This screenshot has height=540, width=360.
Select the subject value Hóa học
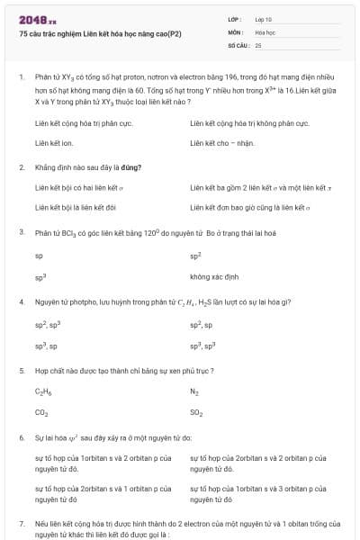[265, 31]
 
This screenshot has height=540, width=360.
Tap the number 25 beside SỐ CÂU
[258, 44]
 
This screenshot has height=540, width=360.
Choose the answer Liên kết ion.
[54, 142]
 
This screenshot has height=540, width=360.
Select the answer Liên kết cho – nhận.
[223, 142]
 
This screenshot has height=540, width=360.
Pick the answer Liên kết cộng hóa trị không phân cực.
[249, 121]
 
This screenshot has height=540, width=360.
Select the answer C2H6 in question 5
[43, 392]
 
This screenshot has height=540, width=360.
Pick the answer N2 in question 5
[194, 392]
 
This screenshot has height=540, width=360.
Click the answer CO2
[41, 413]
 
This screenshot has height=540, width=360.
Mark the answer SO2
[196, 413]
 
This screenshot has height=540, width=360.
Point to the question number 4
[21, 301]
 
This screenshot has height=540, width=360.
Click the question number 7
[21, 523]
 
